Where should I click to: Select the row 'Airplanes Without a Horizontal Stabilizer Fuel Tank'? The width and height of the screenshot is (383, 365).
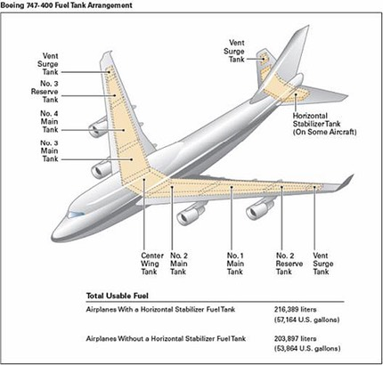click(x=149, y=340)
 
